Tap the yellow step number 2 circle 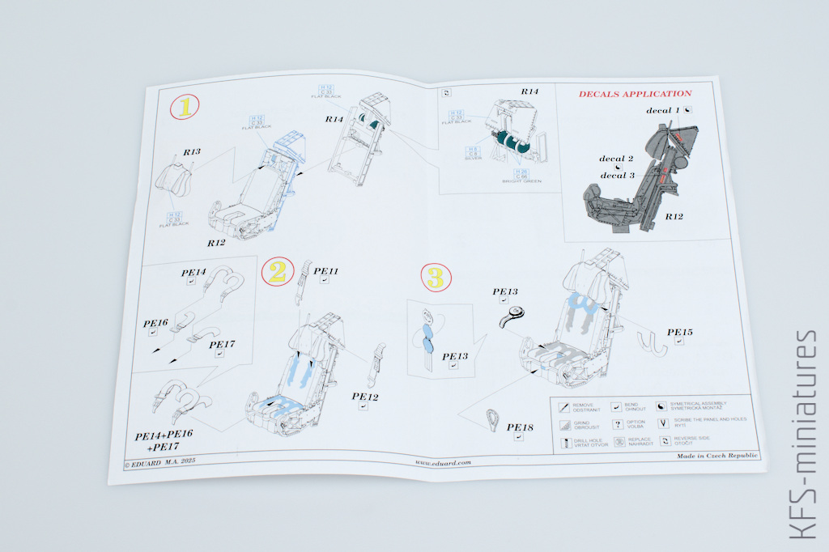pos(277,271)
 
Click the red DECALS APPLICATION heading pos(635,94)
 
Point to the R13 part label pos(192,151)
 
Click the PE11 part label pos(325,271)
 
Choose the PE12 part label pos(365,397)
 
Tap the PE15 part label pos(680,332)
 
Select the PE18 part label pos(520,427)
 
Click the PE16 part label pos(155,324)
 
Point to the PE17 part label pos(222,345)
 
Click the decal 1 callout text pos(664,110)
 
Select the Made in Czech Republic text pos(716,456)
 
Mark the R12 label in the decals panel pos(674,217)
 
